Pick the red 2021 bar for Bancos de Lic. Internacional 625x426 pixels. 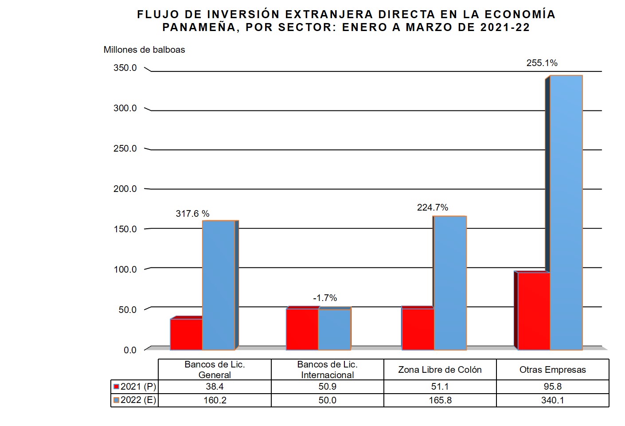[x=302, y=329]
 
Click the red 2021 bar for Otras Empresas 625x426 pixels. [x=534, y=311]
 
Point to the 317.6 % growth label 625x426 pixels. [x=192, y=214]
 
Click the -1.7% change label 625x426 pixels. [x=325, y=298]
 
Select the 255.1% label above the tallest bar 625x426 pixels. [x=542, y=63]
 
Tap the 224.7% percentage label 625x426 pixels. [x=432, y=207]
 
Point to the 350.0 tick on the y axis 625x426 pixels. [x=125, y=68]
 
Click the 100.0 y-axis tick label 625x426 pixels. [x=125, y=270]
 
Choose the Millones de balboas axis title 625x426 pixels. [x=144, y=50]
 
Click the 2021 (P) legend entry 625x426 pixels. [x=135, y=387]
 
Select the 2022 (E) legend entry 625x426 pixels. [x=135, y=400]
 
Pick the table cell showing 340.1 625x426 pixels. [x=552, y=400]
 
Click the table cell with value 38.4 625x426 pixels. [x=215, y=387]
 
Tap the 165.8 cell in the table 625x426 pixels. [x=440, y=400]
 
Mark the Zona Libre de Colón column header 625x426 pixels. [x=440, y=370]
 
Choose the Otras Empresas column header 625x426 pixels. [x=552, y=370]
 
